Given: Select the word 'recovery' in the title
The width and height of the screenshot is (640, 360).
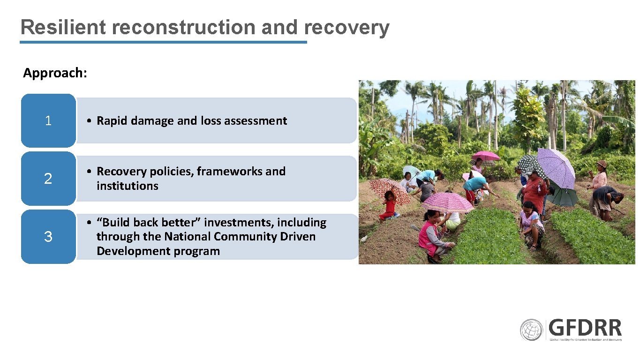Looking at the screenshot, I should click(346, 27).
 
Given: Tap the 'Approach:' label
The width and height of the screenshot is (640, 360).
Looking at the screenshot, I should click(55, 73).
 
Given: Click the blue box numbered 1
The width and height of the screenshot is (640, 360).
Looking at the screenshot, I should click(48, 121).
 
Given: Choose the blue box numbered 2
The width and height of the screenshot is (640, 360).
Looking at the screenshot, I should click(48, 179).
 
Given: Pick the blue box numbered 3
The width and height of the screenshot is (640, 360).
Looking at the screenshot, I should click(48, 237).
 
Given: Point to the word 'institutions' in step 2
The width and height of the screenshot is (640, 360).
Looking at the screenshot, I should click(127, 186).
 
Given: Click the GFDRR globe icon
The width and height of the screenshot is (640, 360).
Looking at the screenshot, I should click(531, 330).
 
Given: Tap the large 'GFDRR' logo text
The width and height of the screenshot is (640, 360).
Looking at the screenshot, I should click(585, 328).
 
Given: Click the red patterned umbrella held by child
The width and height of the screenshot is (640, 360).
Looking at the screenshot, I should click(389, 188).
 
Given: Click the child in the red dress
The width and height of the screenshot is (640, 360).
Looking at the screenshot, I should click(389, 206).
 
